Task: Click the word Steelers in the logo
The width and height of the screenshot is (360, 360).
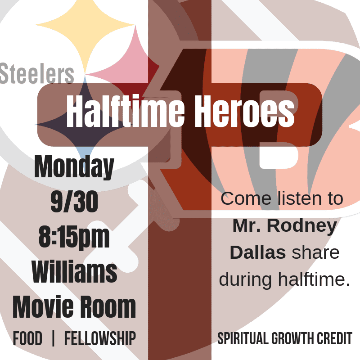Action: [x=37, y=73]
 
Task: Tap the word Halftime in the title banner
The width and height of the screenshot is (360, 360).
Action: [x=126, y=111]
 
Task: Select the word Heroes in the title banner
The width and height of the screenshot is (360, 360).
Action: [x=245, y=111]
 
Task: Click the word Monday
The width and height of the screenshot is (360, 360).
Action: [x=74, y=167]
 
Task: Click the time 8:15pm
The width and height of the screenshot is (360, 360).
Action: [x=74, y=238]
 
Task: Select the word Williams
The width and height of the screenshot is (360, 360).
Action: [x=74, y=272]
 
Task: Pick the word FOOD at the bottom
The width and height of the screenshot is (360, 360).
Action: [x=27, y=338]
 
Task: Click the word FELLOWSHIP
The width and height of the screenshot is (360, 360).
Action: [x=100, y=338]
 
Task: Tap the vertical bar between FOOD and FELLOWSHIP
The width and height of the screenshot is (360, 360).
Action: [x=53, y=338]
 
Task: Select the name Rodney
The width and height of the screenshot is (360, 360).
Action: [x=302, y=226]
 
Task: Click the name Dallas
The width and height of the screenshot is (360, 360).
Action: [x=258, y=252]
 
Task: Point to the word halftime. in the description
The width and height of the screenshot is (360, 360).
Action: [x=314, y=279]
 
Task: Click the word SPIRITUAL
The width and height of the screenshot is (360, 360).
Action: [x=243, y=338]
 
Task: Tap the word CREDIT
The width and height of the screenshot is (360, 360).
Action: [x=334, y=338]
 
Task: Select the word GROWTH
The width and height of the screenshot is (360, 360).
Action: [x=293, y=338]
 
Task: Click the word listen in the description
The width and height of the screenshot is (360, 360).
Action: [x=299, y=198]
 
